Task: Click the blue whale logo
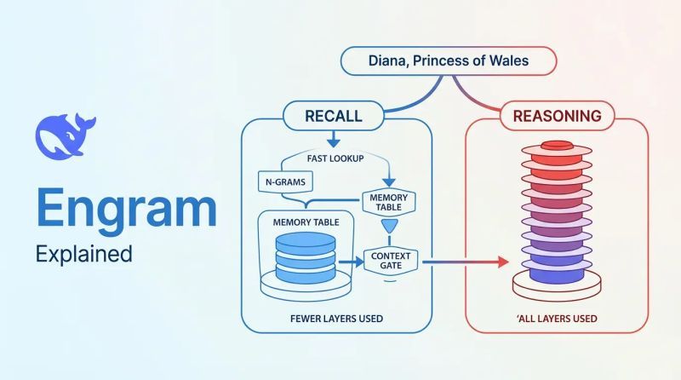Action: (x=66, y=136)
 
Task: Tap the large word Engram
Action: (x=126, y=209)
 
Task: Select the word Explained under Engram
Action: (x=83, y=254)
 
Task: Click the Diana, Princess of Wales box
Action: (x=449, y=60)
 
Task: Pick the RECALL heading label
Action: (x=334, y=116)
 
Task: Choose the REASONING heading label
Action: (x=558, y=116)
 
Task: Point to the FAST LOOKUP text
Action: (x=335, y=158)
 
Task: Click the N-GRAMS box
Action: (x=285, y=181)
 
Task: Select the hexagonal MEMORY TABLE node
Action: (x=389, y=202)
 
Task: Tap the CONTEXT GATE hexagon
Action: (x=391, y=261)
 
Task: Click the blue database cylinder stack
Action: (x=306, y=258)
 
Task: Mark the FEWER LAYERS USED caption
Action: (x=336, y=319)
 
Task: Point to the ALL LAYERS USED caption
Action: (x=558, y=319)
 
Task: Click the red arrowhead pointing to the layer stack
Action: (x=503, y=262)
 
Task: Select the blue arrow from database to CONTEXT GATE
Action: (x=351, y=262)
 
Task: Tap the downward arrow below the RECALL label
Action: (x=334, y=139)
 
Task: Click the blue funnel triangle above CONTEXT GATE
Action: (x=390, y=226)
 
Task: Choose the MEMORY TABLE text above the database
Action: (x=306, y=222)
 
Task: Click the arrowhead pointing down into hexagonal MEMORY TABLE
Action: (x=389, y=182)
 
